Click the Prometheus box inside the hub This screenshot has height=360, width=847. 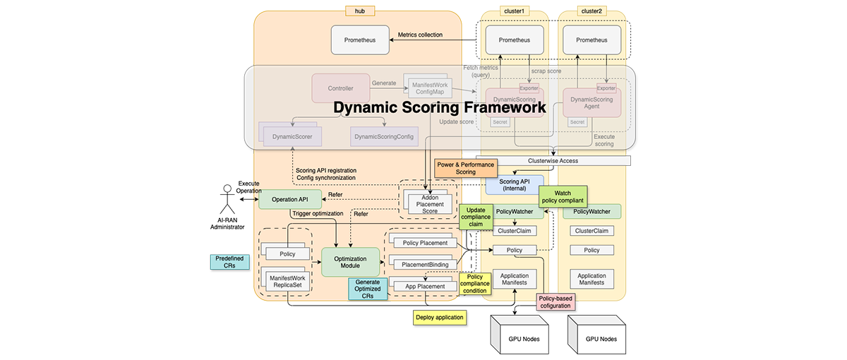tap(360, 40)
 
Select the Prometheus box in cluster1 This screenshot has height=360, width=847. tap(515, 40)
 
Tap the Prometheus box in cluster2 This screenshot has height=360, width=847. tap(591, 40)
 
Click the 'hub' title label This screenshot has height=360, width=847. tap(360, 11)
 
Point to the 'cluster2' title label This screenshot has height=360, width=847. tap(591, 11)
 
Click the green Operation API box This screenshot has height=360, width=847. tap(289, 200)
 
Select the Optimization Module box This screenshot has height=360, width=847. tap(350, 261)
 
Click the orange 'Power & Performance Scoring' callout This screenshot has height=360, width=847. tap(466, 167)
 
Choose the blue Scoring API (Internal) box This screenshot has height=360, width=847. tap(514, 186)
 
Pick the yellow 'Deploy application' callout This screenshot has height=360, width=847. tap(440, 317)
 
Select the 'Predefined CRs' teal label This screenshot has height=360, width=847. tap(229, 262)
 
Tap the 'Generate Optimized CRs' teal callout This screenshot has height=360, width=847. tap(367, 289)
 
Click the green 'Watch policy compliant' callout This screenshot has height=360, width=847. tap(563, 197)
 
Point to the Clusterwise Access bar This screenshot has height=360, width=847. tap(553, 161)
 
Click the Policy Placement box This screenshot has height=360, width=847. tap(425, 243)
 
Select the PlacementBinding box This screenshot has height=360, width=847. tap(425, 264)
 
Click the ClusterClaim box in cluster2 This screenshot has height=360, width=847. tap(591, 231)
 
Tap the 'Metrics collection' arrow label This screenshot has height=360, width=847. tap(421, 35)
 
